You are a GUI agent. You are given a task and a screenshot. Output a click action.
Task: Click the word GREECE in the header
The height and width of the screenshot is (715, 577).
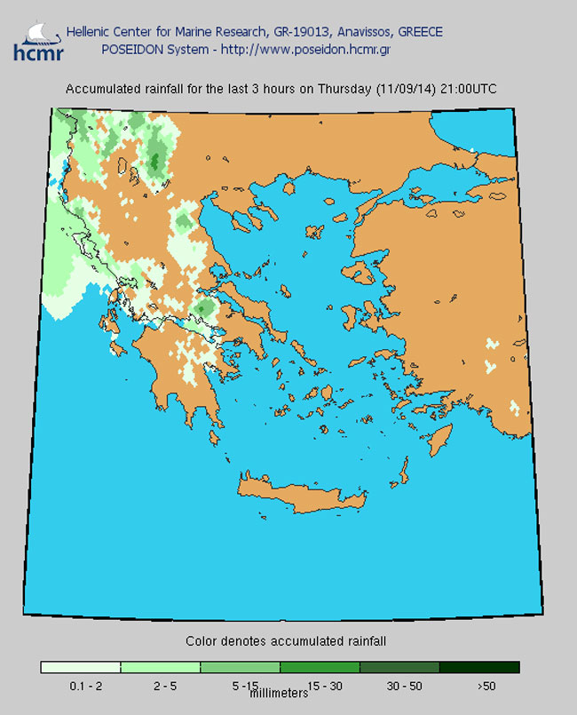(418, 32)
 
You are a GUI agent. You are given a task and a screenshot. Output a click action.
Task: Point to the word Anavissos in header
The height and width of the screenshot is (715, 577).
(357, 32)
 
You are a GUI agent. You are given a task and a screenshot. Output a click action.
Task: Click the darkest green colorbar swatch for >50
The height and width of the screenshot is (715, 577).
(479, 667)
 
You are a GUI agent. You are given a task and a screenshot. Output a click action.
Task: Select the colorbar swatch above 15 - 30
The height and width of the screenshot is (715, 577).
(320, 667)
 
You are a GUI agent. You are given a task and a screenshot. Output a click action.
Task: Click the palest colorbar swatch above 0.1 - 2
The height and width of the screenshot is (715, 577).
(80, 667)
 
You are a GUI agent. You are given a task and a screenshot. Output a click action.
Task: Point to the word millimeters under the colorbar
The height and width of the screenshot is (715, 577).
(279, 694)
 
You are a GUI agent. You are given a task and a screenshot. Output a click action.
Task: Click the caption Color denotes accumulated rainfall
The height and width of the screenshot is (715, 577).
(286, 640)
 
